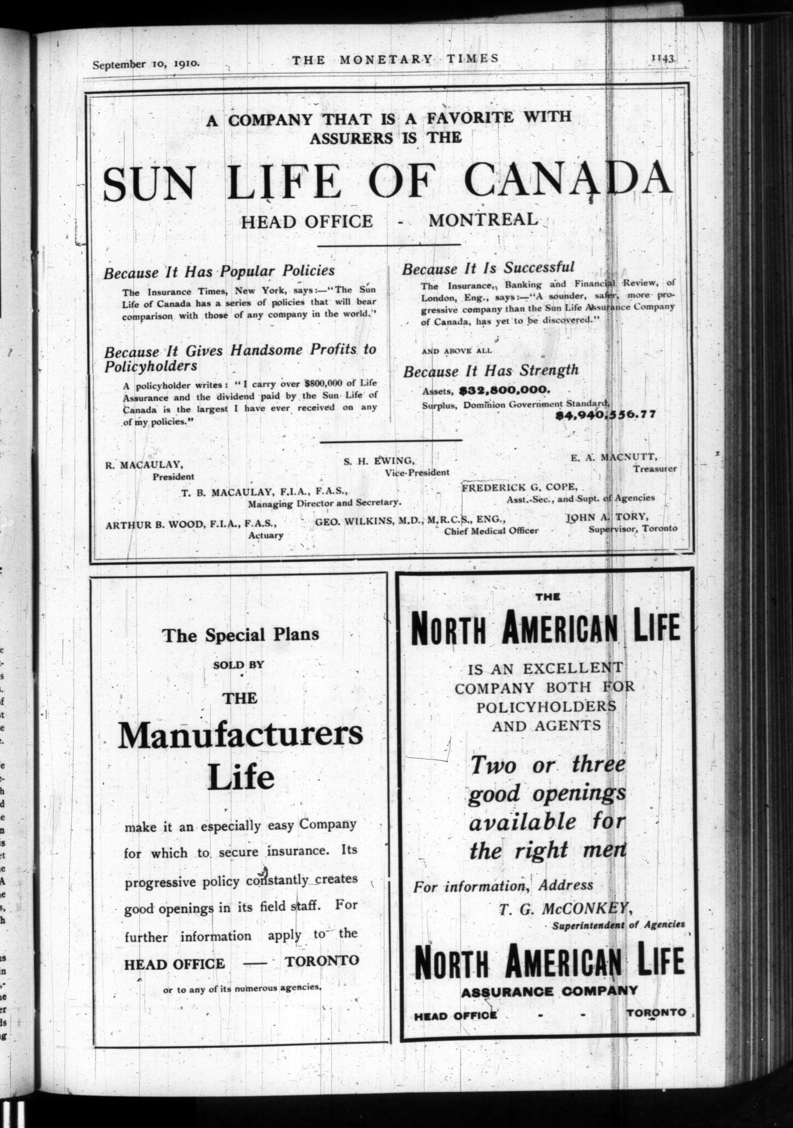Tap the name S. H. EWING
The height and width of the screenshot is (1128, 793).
379,461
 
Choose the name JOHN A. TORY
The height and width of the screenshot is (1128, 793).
607,517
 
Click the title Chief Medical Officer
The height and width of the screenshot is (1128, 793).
491,531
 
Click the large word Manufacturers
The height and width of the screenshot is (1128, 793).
241,735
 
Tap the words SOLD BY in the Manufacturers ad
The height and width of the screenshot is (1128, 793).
239,665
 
